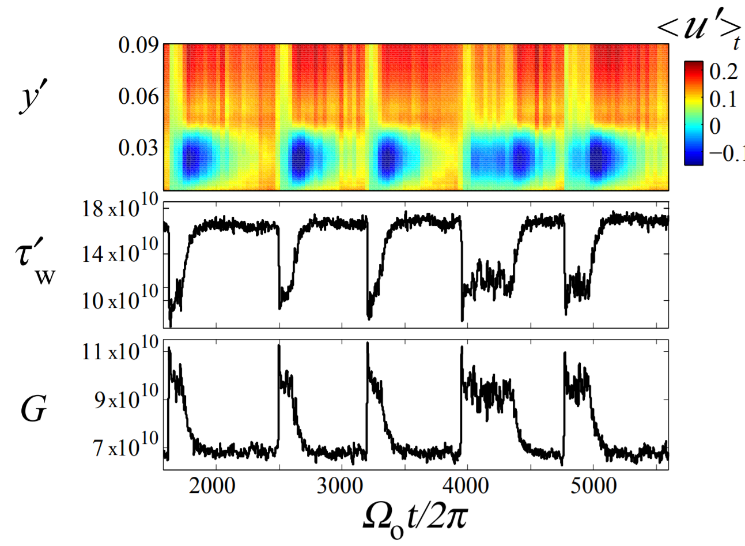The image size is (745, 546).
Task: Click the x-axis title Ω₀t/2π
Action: [415, 517]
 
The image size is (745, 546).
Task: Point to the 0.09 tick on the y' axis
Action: [138, 45]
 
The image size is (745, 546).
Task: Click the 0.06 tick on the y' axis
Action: [138, 96]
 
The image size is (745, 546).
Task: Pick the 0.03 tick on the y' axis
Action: [138, 148]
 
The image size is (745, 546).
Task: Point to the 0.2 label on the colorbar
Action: [723, 71]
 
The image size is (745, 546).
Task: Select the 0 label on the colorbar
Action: [715, 126]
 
